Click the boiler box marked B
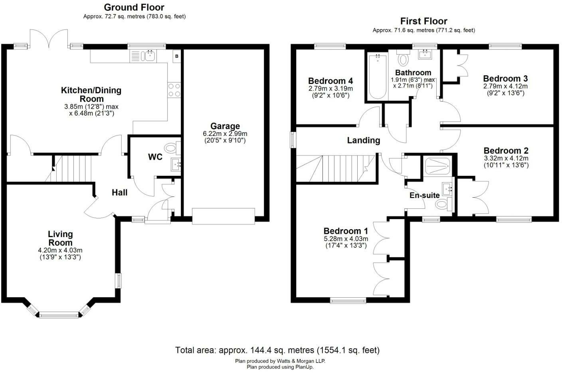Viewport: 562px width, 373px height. click(177, 56)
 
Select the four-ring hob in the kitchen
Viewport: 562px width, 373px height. click(174, 90)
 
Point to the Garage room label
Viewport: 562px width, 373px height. click(225, 126)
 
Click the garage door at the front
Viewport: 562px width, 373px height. click(224, 216)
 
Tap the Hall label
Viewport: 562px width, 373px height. click(120, 192)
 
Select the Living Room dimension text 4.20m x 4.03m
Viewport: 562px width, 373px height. click(60, 250)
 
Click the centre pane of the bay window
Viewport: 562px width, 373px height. click(59, 315)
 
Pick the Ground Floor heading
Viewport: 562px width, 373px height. click(134, 7)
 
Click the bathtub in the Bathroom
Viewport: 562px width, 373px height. click(378, 77)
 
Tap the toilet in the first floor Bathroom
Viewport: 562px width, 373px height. click(403, 58)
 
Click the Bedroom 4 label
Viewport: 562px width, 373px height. click(330, 81)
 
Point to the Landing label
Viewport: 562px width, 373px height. click(364, 140)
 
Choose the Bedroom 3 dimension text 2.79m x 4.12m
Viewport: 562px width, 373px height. click(505, 86)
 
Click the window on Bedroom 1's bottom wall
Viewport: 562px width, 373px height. click(348, 300)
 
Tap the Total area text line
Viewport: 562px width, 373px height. click(277, 350)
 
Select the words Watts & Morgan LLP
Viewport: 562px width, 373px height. click(301, 361)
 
